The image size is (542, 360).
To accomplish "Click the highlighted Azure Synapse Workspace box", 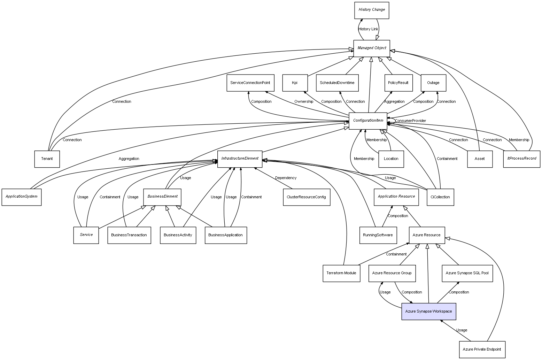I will [428, 311].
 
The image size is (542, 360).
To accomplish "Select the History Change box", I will [371, 10].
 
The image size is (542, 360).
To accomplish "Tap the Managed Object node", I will [371, 48].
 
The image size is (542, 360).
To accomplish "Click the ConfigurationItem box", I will [368, 121].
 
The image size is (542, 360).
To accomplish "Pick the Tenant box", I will [47, 159].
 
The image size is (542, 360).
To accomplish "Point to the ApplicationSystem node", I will [22, 197].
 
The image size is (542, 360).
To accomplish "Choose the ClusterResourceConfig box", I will [306, 197].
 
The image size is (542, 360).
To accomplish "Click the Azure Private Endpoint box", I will [482, 349].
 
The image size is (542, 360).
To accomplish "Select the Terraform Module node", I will [341, 273].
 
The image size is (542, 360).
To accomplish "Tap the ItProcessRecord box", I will [521, 159].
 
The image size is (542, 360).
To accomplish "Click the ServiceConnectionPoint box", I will [250, 83].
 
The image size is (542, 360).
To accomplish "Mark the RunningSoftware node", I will [378, 235].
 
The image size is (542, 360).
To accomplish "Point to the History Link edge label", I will [368, 29].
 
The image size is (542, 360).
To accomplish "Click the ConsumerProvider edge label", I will [410, 121].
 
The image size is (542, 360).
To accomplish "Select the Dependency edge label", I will [286, 178].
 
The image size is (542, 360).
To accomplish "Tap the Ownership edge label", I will [303, 102].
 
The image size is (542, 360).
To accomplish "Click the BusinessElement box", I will [162, 197].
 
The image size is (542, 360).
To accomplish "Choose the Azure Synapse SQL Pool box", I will [467, 273].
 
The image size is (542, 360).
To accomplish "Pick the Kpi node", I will [295, 83].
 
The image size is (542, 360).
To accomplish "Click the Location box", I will [391, 159].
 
